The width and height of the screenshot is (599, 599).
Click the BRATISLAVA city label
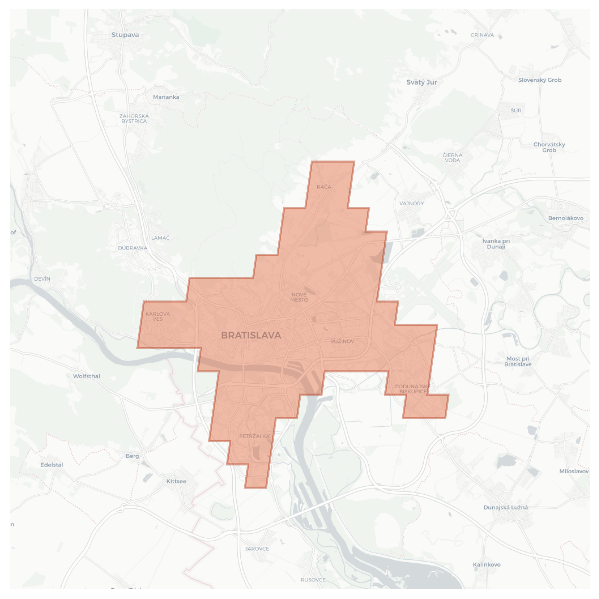(x=251, y=335)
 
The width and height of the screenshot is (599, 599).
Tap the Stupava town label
(x=125, y=35)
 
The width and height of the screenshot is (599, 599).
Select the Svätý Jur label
(x=421, y=82)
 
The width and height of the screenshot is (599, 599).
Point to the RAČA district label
(x=324, y=187)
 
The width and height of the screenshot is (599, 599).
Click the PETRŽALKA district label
(x=254, y=436)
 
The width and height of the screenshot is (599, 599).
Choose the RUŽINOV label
(x=342, y=341)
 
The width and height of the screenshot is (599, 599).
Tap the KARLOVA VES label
(x=158, y=316)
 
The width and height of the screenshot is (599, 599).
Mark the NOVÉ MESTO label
(x=299, y=297)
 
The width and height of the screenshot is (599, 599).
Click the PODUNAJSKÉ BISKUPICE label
(x=413, y=389)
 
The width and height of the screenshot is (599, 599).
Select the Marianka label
(x=166, y=97)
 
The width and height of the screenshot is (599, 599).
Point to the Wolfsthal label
(x=86, y=376)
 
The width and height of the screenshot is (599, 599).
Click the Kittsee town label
(x=176, y=481)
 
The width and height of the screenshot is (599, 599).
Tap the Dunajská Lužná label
(x=506, y=507)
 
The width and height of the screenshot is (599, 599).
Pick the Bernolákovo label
(x=565, y=218)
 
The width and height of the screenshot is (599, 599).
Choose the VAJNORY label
(x=411, y=203)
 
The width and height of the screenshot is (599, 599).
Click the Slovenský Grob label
(x=540, y=80)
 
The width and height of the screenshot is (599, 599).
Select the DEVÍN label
(x=42, y=279)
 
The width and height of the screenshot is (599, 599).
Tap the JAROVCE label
(x=257, y=548)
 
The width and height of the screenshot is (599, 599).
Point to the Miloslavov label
(x=574, y=471)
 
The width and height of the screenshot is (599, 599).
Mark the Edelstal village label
(x=52, y=465)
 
